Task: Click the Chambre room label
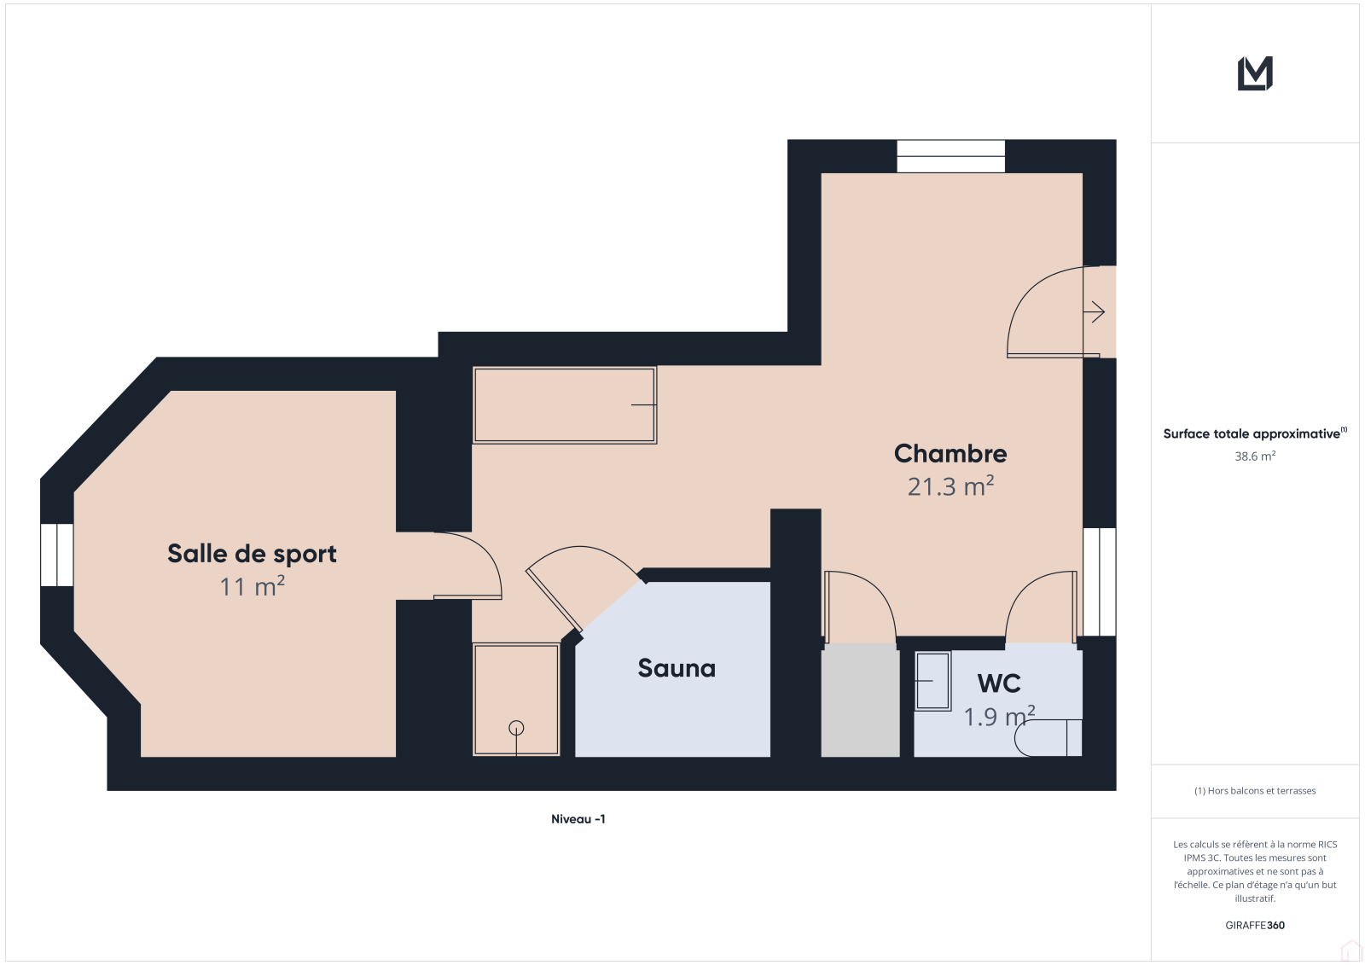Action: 950,454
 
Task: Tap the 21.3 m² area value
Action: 950,486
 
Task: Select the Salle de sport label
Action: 252,554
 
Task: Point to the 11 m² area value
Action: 252,586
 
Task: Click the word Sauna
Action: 677,668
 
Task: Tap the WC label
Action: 999,683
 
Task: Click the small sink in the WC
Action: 933,681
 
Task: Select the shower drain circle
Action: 516,728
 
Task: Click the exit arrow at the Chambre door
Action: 1094,312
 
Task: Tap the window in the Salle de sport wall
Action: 57,555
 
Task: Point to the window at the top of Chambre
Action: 950,156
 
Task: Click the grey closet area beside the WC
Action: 861,700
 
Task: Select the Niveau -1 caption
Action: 578,819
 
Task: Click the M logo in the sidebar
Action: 1255,73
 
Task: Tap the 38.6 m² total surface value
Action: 1255,456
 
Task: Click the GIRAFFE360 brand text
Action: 1255,925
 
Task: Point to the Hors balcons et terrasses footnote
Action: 1255,791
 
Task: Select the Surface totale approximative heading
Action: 1255,433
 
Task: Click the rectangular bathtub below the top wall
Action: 565,404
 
